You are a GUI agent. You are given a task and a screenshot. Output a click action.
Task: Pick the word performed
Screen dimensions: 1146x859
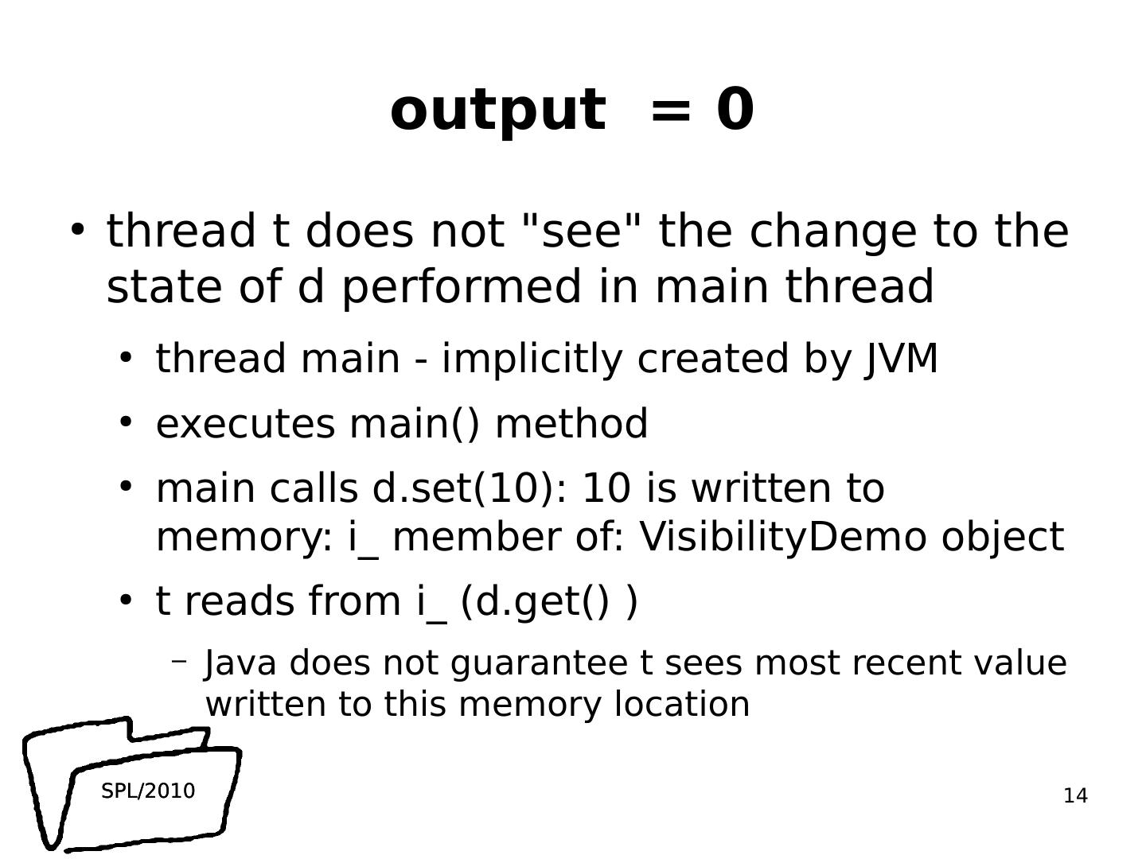point(462,287)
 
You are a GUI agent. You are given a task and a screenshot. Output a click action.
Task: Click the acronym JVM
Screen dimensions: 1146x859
point(902,359)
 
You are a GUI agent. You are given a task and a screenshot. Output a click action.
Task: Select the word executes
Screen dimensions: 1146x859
point(245,423)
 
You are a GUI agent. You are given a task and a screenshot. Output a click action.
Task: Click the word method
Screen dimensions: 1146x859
point(571,423)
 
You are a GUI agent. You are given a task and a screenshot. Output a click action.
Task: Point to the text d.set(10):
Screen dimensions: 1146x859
point(470,488)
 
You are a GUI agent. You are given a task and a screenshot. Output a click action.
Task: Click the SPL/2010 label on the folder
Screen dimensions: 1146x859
point(148,791)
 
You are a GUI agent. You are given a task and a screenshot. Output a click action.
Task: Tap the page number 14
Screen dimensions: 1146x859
point(1075,796)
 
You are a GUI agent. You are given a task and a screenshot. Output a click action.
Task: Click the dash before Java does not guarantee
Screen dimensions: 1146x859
point(180,660)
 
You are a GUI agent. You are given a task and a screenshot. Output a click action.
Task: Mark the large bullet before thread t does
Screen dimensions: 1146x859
point(77,230)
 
